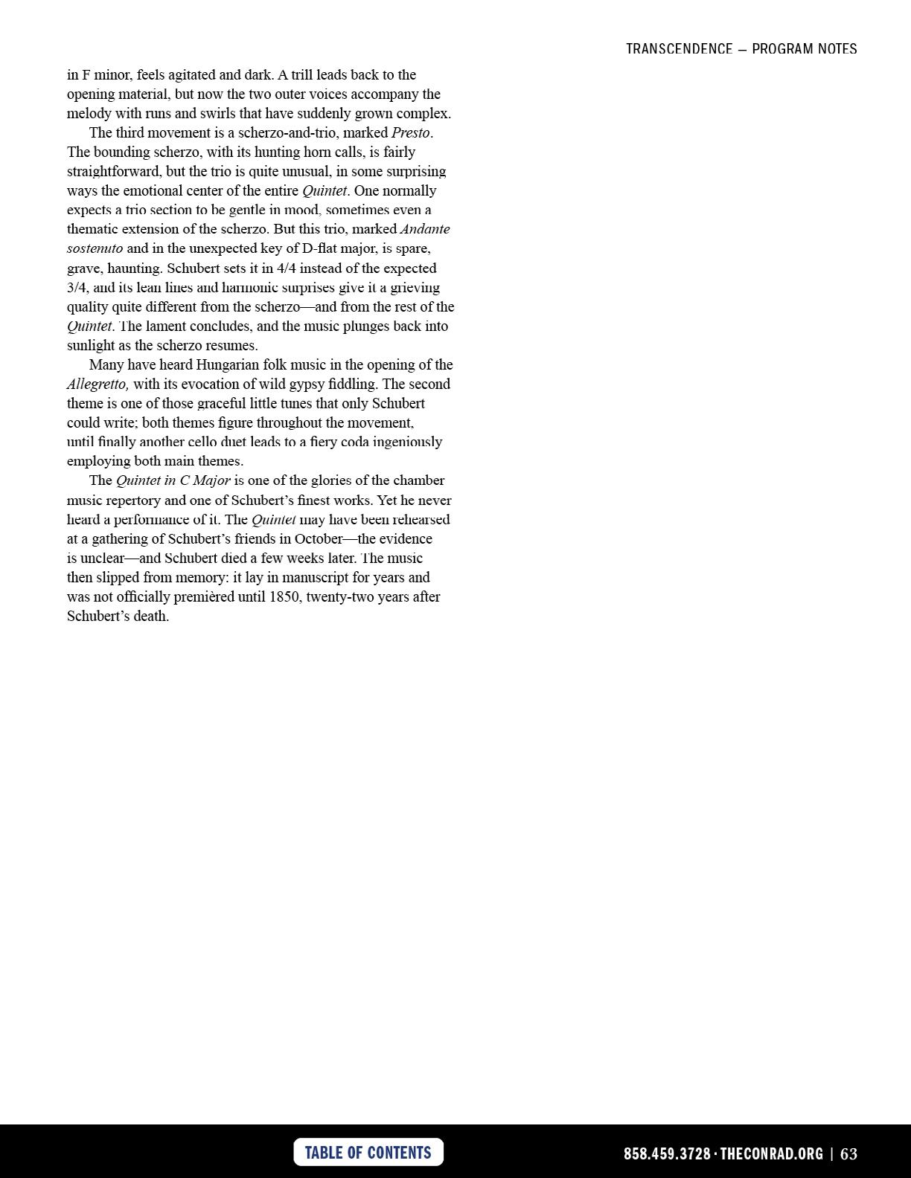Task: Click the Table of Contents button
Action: coord(368,1152)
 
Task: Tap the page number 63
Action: coord(848,1153)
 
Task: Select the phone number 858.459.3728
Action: coord(667,1153)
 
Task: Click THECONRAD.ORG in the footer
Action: coord(772,1153)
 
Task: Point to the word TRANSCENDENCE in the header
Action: coord(679,49)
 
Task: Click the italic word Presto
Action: coord(411,132)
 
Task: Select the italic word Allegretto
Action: coord(98,384)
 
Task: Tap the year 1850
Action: coord(286,596)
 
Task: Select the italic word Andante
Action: coord(425,229)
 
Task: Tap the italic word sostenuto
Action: coord(95,248)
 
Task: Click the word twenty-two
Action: coord(339,596)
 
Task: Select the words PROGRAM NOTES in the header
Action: coord(805,49)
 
